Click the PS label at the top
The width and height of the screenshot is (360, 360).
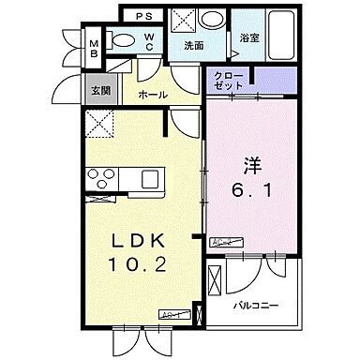coord(146,16)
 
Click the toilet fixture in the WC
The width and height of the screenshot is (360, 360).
coord(119,39)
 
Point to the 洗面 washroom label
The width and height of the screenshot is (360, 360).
coord(194,44)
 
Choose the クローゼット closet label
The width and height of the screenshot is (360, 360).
coord(228,81)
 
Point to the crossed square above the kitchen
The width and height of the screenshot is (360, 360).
coord(97,122)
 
